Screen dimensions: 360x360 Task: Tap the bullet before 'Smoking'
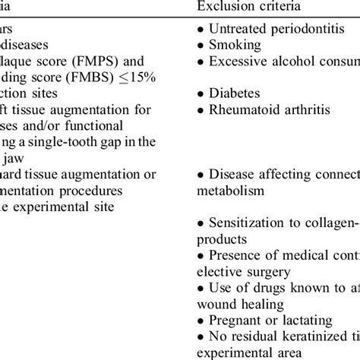(x=197, y=46)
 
